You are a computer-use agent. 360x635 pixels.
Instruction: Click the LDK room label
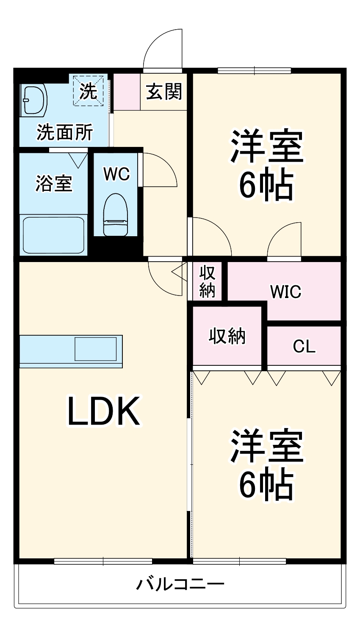coord(104,411)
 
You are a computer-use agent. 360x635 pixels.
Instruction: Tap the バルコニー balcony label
coord(180,585)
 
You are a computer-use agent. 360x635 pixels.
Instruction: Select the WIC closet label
coord(285,291)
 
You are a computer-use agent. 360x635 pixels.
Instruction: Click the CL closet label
coord(304,347)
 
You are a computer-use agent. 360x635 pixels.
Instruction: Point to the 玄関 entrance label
coord(164,91)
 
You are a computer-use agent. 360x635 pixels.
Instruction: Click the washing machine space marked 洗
coord(89,90)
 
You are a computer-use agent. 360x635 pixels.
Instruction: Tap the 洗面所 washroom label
coord(64,133)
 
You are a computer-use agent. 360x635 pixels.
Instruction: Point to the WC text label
coord(117,174)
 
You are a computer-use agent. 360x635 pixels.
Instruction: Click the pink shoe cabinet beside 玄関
coord(127,92)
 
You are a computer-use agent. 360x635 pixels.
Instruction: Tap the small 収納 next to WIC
coord(208,282)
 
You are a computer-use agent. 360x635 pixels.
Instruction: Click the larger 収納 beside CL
coord(227,336)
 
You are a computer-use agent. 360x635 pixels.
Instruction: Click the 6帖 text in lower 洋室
coord(266,484)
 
